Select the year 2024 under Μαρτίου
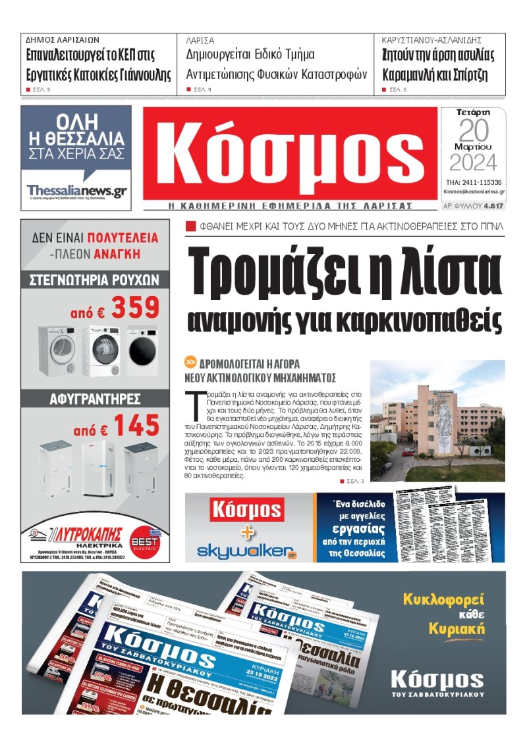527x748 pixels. click(474, 162)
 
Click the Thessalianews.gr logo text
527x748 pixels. click(76, 190)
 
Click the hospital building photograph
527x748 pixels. click(437, 420)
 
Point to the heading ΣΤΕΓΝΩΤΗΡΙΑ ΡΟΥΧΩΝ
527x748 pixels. click(95, 280)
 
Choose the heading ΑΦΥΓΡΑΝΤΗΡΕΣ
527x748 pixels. click(95, 399)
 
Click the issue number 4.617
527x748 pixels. click(493, 206)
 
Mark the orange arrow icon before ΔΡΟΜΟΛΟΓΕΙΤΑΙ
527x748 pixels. click(190, 362)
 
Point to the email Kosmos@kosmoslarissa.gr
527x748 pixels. click(474, 192)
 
